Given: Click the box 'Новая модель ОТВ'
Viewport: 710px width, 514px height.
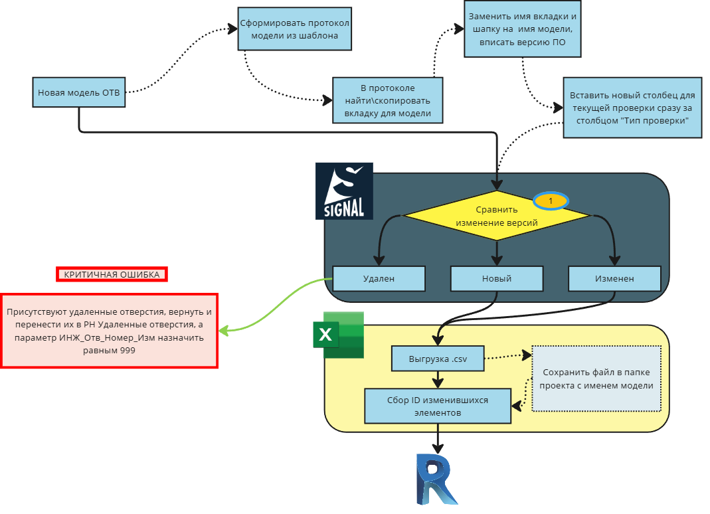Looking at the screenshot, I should [79, 92].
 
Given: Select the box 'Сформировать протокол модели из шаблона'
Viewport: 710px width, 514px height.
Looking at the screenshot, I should [294, 29].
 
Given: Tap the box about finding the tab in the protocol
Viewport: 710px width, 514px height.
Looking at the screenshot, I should [388, 100].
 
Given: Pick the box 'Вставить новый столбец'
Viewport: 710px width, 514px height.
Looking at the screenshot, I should [632, 108].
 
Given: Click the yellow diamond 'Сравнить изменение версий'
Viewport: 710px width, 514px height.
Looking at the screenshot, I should [497, 215].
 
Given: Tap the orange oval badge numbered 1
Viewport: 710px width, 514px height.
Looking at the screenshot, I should [551, 200].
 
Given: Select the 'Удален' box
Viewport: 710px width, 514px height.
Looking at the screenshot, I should [379, 279].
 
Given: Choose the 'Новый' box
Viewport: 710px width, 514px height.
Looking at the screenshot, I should [497, 279].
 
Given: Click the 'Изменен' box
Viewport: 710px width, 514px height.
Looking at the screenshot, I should [614, 279].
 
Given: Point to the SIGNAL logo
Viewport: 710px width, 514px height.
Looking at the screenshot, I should [344, 191].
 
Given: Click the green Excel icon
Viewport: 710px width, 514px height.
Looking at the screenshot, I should [339, 334].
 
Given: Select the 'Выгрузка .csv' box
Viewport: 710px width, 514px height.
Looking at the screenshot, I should [438, 359].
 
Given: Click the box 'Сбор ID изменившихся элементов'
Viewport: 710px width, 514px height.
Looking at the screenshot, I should [438, 406].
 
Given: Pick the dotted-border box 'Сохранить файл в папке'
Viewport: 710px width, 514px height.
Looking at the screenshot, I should [596, 379].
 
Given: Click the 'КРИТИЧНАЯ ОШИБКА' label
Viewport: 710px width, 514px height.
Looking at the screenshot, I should [112, 274].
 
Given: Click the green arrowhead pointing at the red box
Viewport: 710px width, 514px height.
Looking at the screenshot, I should [224, 330].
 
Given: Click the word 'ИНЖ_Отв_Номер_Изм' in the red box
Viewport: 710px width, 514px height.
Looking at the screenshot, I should [113, 338].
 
